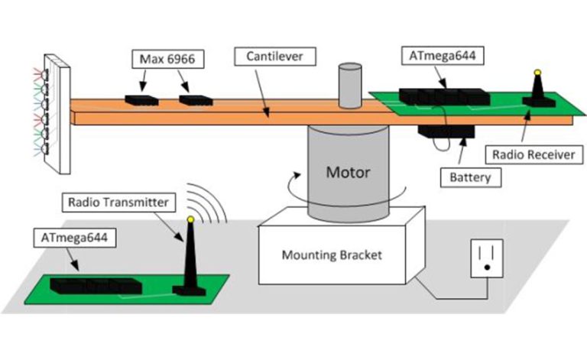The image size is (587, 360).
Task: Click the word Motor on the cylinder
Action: click(x=348, y=171)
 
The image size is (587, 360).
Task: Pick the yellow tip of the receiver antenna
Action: click(x=537, y=73)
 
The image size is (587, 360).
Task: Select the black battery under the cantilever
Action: click(x=446, y=131)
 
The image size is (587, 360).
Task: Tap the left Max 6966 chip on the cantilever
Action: click(x=141, y=99)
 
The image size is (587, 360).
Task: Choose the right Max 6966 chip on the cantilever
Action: click(x=196, y=99)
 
